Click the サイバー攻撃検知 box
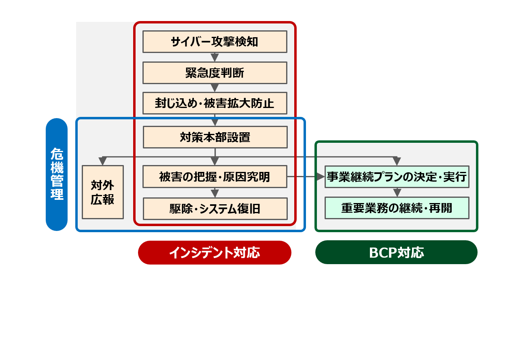pyautogui.click(x=215, y=42)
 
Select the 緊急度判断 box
pyautogui.click(x=215, y=73)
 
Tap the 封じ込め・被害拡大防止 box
pyautogui.click(x=215, y=103)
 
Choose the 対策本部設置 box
pyautogui.click(x=215, y=137)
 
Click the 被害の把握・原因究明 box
pyautogui.click(x=215, y=177)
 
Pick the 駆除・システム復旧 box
pyautogui.click(x=215, y=209)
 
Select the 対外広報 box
pyautogui.click(x=102, y=192)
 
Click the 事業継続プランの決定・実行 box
pyautogui.click(x=397, y=177)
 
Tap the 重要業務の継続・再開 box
pyautogui.click(x=397, y=208)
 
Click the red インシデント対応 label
pyautogui.click(x=215, y=252)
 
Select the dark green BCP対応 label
pyautogui.click(x=396, y=252)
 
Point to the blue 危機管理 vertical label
pyautogui.click(x=57, y=174)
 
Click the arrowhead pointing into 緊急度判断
pyautogui.click(x=215, y=58)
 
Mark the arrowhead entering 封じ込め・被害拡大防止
pyautogui.click(x=215, y=88)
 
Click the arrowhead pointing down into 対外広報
pyautogui.click(x=103, y=161)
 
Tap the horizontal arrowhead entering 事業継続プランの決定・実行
pyautogui.click(x=321, y=177)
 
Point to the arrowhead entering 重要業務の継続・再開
pyautogui.click(x=397, y=193)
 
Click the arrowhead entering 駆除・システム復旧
pyautogui.click(x=215, y=193)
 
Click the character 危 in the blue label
pyautogui.click(x=57, y=153)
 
